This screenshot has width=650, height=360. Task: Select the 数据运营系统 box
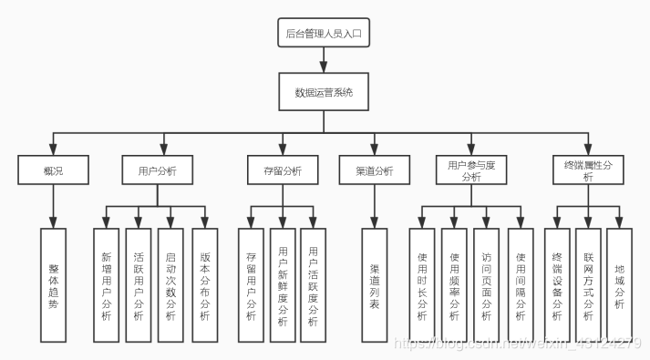click(x=324, y=92)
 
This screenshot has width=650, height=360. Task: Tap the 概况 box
click(x=53, y=170)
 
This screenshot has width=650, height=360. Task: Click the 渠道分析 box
click(x=374, y=170)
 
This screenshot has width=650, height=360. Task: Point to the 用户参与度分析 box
click(x=471, y=170)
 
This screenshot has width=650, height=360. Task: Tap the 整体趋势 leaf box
click(x=54, y=284)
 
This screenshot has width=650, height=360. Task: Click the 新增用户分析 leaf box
click(x=106, y=284)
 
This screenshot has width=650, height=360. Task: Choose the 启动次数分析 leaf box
click(x=170, y=284)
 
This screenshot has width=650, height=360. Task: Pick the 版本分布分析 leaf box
click(x=204, y=284)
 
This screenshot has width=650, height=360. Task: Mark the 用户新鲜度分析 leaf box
click(x=284, y=284)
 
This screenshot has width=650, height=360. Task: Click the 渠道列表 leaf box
click(x=375, y=284)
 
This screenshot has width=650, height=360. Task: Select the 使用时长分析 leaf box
click(x=421, y=284)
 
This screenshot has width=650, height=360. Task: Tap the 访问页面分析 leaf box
click(x=487, y=284)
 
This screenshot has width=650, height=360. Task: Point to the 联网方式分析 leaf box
click(x=588, y=284)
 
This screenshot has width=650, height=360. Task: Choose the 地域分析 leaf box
click(x=620, y=284)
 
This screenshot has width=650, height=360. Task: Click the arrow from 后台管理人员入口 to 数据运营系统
click(x=324, y=62)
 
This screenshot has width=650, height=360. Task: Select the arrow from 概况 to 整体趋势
click(x=53, y=206)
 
